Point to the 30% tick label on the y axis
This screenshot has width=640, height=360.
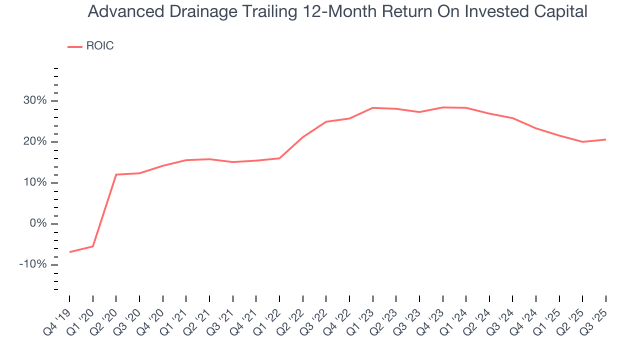click(x=35, y=101)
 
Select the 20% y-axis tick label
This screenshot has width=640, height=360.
click(x=35, y=142)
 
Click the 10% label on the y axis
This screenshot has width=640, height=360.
click(x=35, y=183)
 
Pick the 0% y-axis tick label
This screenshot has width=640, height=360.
click(x=38, y=224)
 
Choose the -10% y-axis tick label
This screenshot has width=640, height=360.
click(x=33, y=264)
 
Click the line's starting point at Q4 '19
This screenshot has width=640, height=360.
click(x=69, y=252)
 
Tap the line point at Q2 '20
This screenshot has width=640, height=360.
click(x=116, y=174)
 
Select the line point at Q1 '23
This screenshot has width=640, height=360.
click(x=372, y=107)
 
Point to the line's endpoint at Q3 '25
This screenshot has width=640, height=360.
click(x=606, y=139)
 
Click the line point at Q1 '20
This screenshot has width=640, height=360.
click(x=93, y=246)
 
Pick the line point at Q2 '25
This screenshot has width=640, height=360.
click(x=582, y=142)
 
